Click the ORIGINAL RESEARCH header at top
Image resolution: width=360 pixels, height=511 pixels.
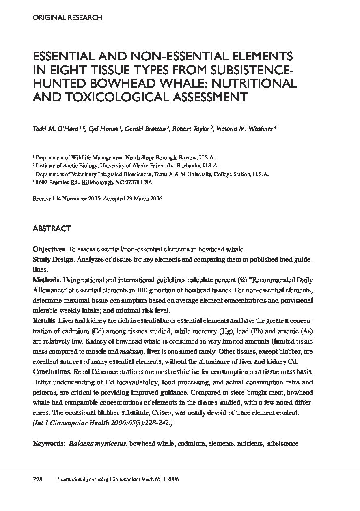tap(67, 17)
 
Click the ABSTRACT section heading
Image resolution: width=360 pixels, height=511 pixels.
tap(52, 229)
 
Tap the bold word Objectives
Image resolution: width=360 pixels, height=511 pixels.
tap(48, 249)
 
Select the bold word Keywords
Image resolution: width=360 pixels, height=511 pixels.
tap(48, 444)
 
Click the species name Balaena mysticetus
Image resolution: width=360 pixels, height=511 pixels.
tap(98, 444)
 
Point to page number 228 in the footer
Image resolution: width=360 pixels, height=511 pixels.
tap(38, 479)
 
